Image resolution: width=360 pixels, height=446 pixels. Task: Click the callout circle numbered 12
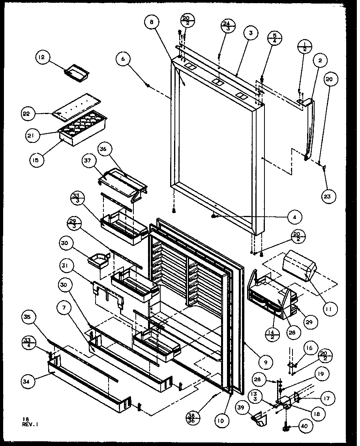(41, 58)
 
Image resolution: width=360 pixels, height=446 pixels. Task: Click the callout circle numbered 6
(123, 59)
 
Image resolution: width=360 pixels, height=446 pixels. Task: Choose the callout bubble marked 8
(151, 22)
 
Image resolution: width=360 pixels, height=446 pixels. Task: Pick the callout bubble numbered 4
(295, 216)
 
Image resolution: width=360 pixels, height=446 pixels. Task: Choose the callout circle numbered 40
(306, 426)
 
